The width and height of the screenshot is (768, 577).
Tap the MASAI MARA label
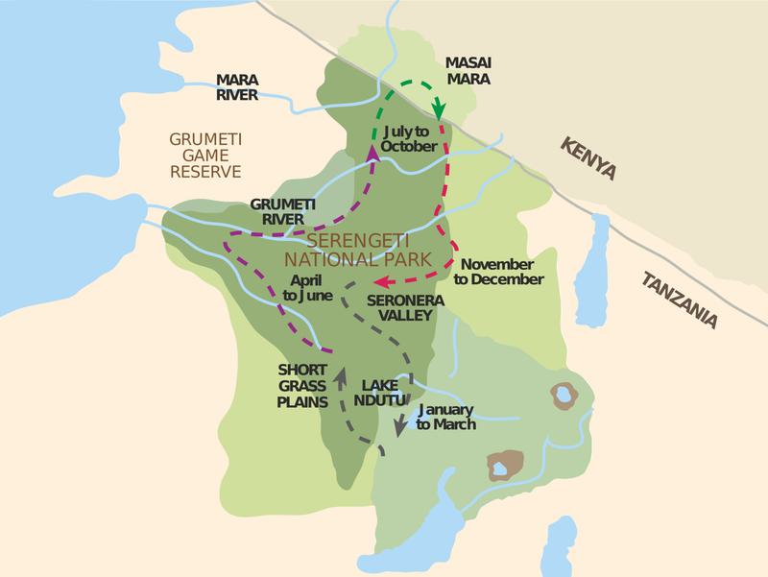click(x=468, y=72)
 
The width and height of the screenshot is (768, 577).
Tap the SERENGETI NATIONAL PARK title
click(x=362, y=249)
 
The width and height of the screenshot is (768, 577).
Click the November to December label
click(x=499, y=271)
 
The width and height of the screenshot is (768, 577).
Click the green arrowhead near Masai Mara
click(x=438, y=108)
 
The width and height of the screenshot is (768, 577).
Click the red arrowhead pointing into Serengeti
click(x=379, y=282)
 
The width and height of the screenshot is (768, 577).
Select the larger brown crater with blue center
click(x=504, y=466)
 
